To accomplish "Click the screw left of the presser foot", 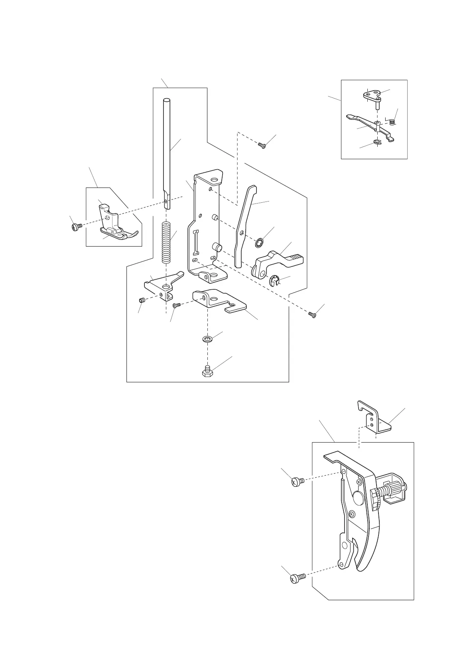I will (x=76, y=227).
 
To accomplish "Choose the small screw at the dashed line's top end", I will (x=262, y=146).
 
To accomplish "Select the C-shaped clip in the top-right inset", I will (x=377, y=142).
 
